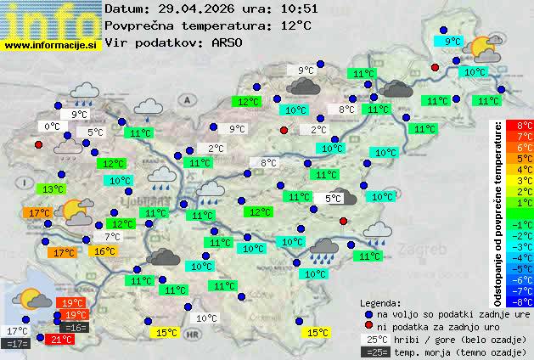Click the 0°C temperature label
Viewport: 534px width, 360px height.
(52, 127)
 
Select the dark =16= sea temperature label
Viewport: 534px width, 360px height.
(74, 327)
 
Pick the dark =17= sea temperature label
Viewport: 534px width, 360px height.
(16, 344)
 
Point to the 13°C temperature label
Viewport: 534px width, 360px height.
(53, 188)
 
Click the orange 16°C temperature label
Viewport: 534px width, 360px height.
(104, 251)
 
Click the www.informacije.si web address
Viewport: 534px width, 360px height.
(52, 44)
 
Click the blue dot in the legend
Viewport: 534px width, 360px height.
(368, 313)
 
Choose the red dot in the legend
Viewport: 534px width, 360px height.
(368, 326)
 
